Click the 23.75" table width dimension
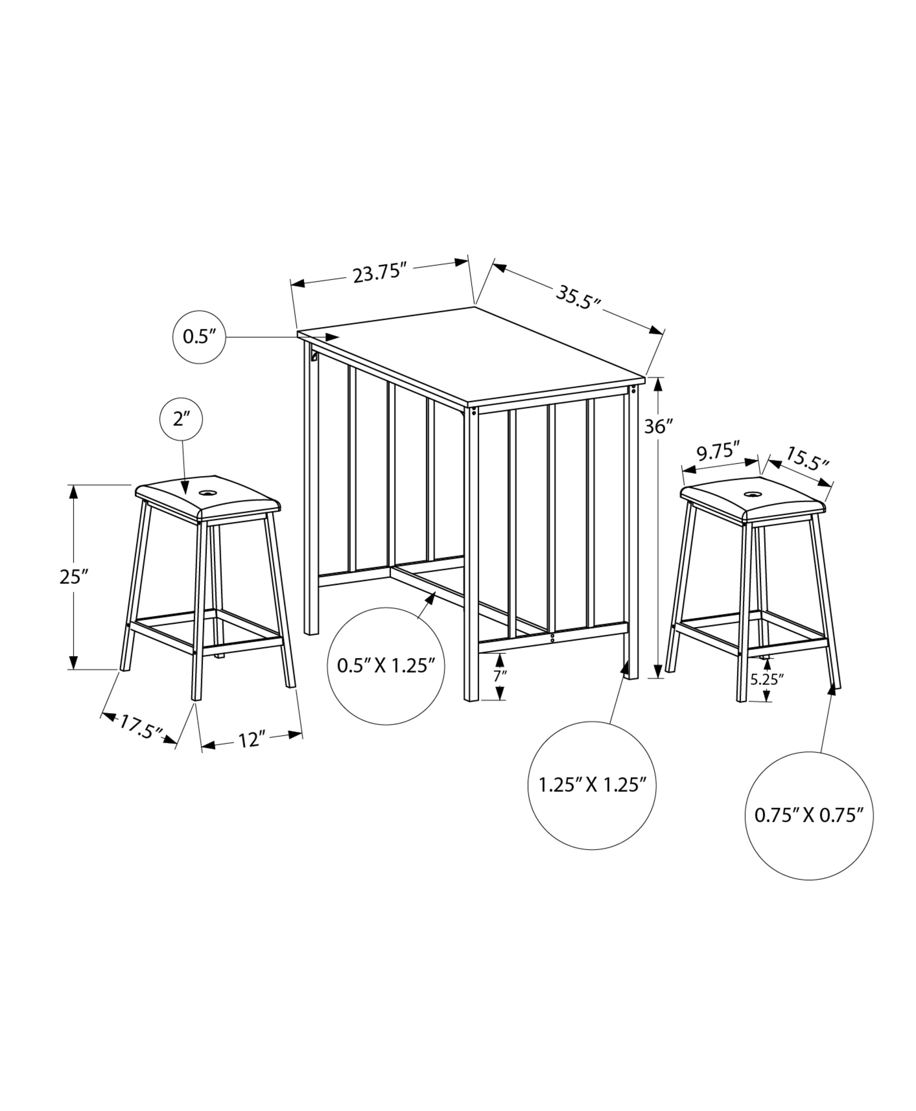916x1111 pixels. coord(381,273)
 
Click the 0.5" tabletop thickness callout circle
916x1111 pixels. coord(199,337)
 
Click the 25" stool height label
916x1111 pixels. coord(74,577)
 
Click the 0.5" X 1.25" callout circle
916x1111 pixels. coord(386,665)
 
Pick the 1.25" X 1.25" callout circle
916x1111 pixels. coord(593,785)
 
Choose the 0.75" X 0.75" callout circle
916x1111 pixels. coord(809,815)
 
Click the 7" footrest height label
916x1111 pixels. coord(500,676)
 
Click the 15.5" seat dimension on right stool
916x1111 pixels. coord(807,458)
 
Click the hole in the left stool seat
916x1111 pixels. coord(208,492)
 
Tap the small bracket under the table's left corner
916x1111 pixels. coord(314,355)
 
